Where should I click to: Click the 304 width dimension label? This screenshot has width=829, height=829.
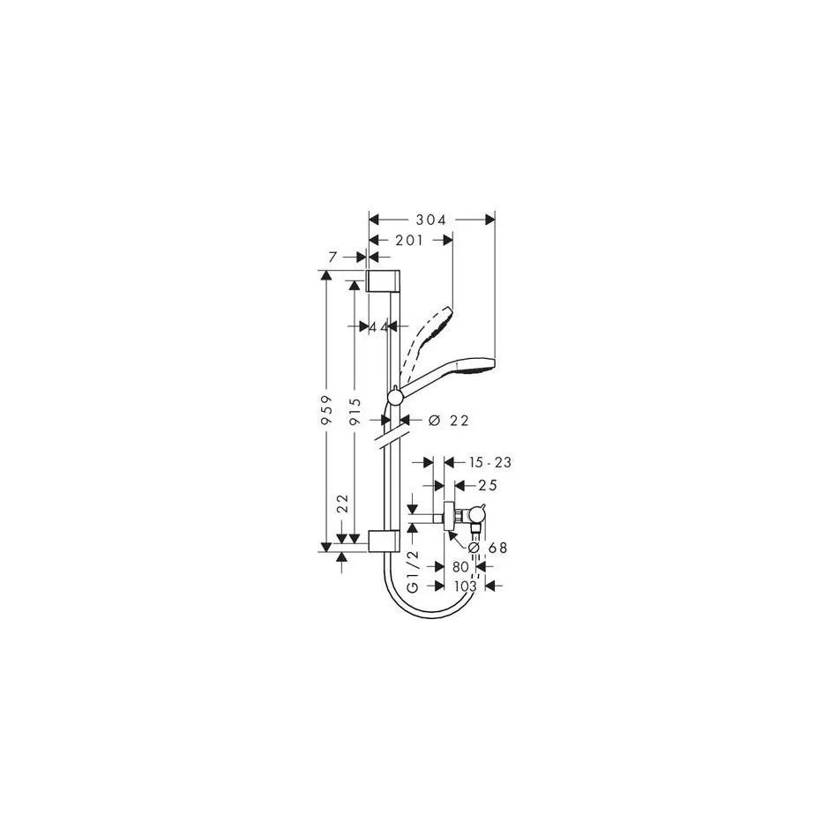pyautogui.click(x=431, y=220)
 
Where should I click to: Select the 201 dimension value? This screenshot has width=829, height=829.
pyautogui.click(x=409, y=241)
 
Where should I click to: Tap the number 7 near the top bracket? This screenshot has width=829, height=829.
pyautogui.click(x=332, y=258)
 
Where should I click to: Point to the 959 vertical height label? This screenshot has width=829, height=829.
pyautogui.click(x=327, y=410)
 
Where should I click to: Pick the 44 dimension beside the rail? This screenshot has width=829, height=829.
pyautogui.click(x=378, y=327)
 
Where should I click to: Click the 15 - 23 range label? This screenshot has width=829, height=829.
pyautogui.click(x=490, y=463)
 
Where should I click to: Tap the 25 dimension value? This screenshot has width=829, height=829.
pyautogui.click(x=487, y=485)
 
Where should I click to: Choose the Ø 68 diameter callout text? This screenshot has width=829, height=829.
pyautogui.click(x=488, y=548)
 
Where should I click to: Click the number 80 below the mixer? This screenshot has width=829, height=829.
pyautogui.click(x=460, y=567)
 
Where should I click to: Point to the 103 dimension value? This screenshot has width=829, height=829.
pyautogui.click(x=466, y=586)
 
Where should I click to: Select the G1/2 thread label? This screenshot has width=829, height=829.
pyautogui.click(x=413, y=571)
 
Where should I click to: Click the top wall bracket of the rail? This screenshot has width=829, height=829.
pyautogui.click(x=384, y=280)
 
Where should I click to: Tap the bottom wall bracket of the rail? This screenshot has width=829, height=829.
pyautogui.click(x=384, y=541)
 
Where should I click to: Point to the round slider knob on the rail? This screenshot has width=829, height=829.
pyautogui.click(x=395, y=397)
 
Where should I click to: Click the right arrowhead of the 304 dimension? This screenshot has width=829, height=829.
pyautogui.click(x=489, y=220)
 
